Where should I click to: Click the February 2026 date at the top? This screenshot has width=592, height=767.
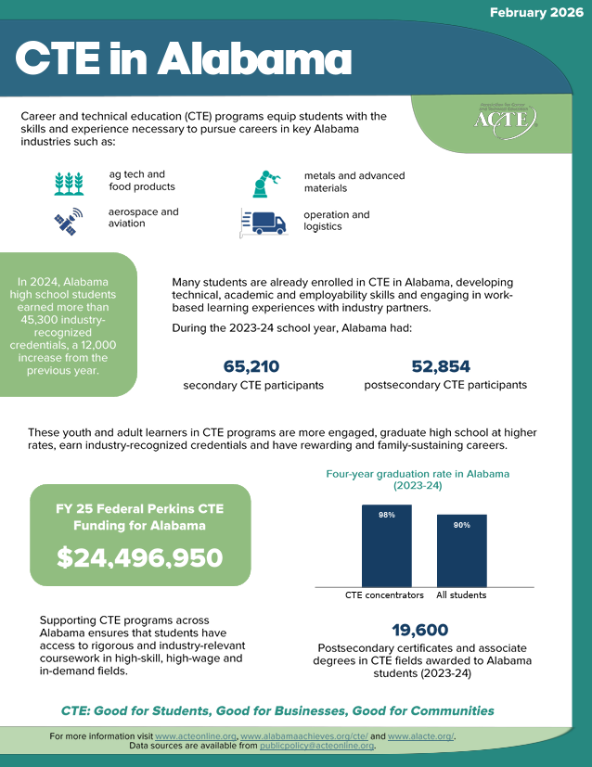click(535, 14)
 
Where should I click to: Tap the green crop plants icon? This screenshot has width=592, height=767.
click(69, 182)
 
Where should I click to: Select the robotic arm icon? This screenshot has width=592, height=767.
click(266, 183)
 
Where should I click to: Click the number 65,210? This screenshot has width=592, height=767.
click(251, 366)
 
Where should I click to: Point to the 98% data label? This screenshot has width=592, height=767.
click(386, 515)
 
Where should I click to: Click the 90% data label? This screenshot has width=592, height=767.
click(461, 525)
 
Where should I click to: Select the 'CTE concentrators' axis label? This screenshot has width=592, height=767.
click(384, 595)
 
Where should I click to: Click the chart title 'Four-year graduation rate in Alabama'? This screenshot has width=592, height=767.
click(417, 474)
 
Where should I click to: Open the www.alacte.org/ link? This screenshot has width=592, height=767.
click(420, 736)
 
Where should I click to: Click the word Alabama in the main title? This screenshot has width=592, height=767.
click(245, 60)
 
